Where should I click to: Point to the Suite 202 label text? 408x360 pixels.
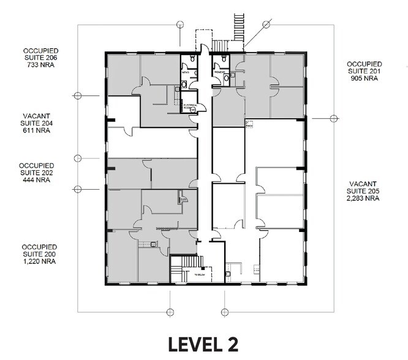tap(37, 172)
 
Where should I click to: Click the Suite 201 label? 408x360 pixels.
tap(365, 70)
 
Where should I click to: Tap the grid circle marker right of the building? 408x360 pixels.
tap(333, 118)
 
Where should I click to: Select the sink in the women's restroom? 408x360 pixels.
tap(225, 78)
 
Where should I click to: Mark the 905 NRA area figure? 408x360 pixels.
tap(365, 78)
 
